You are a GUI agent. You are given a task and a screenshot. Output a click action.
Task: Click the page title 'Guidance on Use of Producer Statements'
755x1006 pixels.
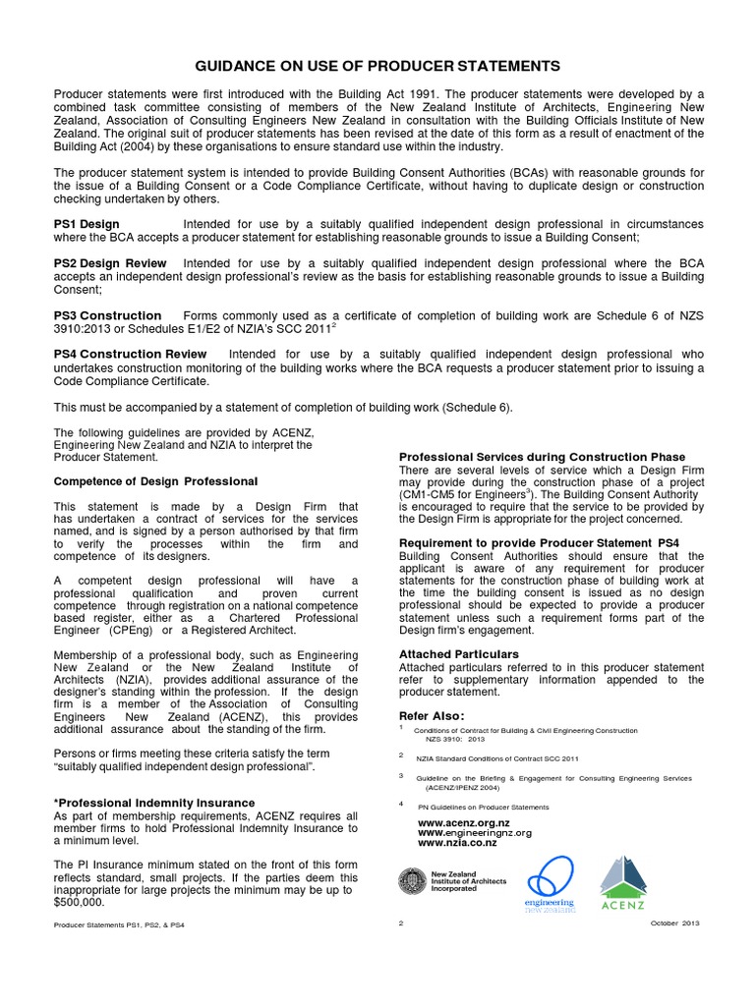[x=377, y=66]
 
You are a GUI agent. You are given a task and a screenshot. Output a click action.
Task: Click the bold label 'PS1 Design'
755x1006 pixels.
[x=87, y=224]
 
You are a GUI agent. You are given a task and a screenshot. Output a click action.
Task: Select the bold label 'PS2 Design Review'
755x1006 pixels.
[x=110, y=263]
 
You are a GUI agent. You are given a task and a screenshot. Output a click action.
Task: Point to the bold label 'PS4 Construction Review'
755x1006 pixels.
[x=130, y=354]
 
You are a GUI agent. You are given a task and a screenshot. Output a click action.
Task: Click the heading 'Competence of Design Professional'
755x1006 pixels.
[x=155, y=481]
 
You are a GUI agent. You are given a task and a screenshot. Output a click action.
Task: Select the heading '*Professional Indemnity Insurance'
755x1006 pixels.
[x=154, y=803]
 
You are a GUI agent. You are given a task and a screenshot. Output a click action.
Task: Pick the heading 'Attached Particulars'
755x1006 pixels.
[x=459, y=653]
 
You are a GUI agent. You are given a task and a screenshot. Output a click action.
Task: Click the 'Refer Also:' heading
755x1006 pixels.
[x=432, y=715]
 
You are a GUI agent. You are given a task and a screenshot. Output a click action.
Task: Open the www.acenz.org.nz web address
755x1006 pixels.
[x=464, y=821]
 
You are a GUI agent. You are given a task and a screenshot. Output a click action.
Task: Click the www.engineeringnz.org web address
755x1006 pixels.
[x=475, y=832]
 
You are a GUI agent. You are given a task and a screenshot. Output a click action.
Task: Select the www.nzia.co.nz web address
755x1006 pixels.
[x=458, y=843]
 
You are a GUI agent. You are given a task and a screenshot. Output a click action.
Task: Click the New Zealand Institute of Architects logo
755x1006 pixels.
[x=452, y=881]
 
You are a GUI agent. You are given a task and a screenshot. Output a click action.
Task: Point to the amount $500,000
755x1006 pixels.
[x=79, y=901]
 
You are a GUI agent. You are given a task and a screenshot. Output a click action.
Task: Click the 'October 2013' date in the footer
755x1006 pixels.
[x=674, y=924]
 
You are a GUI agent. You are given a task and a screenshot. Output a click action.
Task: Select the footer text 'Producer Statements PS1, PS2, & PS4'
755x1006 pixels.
[x=119, y=925]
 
